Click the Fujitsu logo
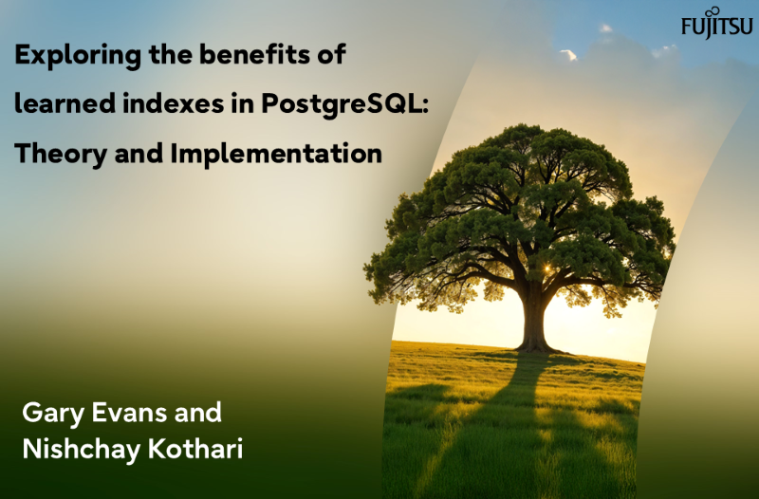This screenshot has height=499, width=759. click(x=717, y=23)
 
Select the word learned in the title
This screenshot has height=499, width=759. click(x=65, y=103)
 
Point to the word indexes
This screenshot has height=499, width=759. click(x=174, y=103)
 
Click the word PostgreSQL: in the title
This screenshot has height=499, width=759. click(x=345, y=104)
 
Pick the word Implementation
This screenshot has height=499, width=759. click(x=276, y=155)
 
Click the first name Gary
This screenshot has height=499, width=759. click(x=53, y=414)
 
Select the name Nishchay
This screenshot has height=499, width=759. click(x=82, y=450)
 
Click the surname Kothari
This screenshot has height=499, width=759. click(x=195, y=449)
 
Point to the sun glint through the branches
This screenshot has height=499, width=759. click(x=546, y=268)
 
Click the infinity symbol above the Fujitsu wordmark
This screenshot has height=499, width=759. click(x=726, y=11)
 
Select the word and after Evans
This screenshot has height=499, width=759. click(x=198, y=413)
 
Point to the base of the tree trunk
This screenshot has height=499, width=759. click(x=535, y=347)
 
